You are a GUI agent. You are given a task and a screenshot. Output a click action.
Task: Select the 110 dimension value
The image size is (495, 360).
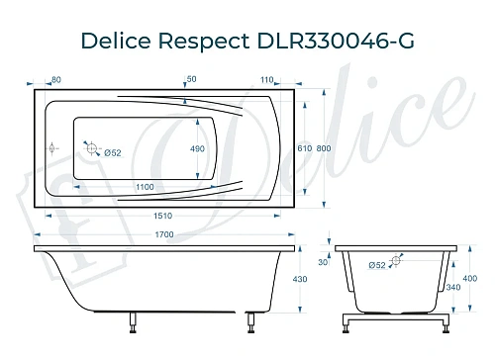(266, 78)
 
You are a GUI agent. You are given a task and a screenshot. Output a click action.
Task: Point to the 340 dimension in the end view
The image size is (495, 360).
(452, 287)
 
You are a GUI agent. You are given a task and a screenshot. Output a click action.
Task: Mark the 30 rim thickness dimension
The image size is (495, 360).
(321, 262)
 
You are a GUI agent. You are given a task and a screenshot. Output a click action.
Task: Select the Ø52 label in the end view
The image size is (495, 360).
(377, 265)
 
